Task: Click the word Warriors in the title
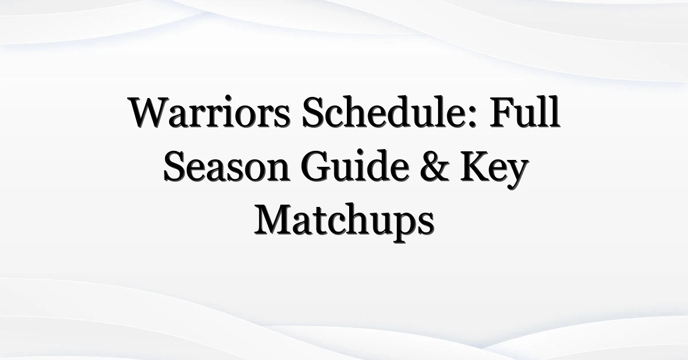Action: pos(209,112)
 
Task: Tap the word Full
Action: pos(524,112)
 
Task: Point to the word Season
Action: pos(226,166)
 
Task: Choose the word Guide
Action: pos(355,166)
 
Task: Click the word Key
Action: pos(494,170)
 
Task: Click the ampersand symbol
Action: pos(435,166)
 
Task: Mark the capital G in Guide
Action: pos(316,166)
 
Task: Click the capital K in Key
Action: pos(475,166)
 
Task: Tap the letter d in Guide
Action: pos(378,166)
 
